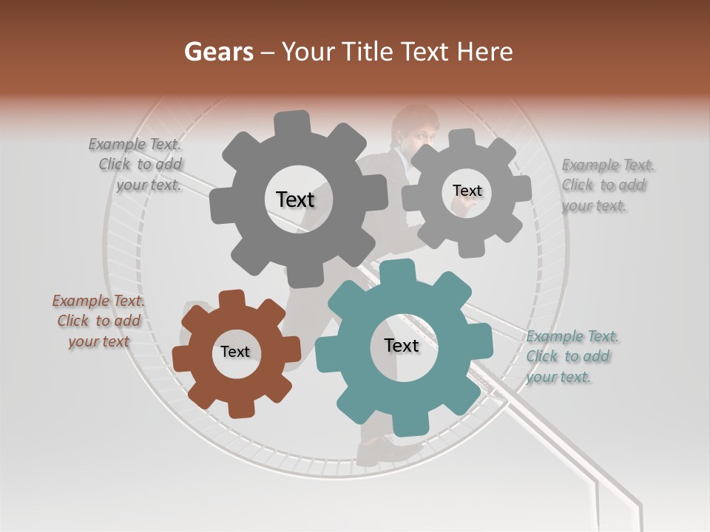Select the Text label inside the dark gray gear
pyautogui.click(x=295, y=199)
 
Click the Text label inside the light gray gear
pyautogui.click(x=467, y=191)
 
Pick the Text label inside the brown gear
pyautogui.click(x=235, y=352)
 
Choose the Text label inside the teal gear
pyautogui.click(x=402, y=345)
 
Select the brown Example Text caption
pyautogui.click(x=98, y=321)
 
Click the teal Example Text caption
pyautogui.click(x=572, y=356)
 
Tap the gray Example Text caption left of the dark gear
pyautogui.click(x=137, y=164)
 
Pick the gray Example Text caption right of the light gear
pyautogui.click(x=606, y=185)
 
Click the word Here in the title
pyautogui.click(x=484, y=52)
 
